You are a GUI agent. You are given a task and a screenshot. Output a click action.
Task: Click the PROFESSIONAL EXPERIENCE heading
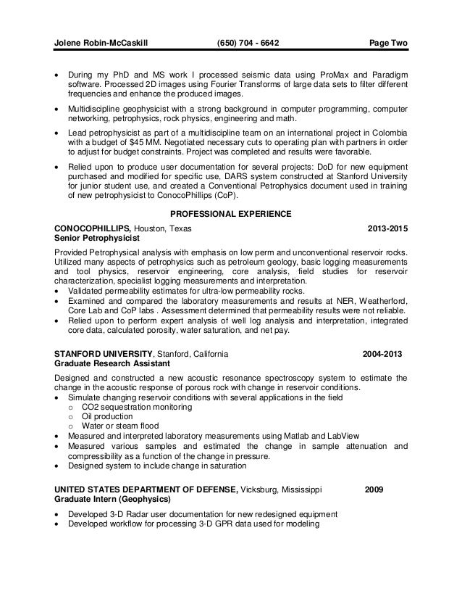230,214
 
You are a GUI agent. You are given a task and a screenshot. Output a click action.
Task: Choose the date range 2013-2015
387,229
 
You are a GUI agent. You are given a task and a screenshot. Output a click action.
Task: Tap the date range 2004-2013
382,354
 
